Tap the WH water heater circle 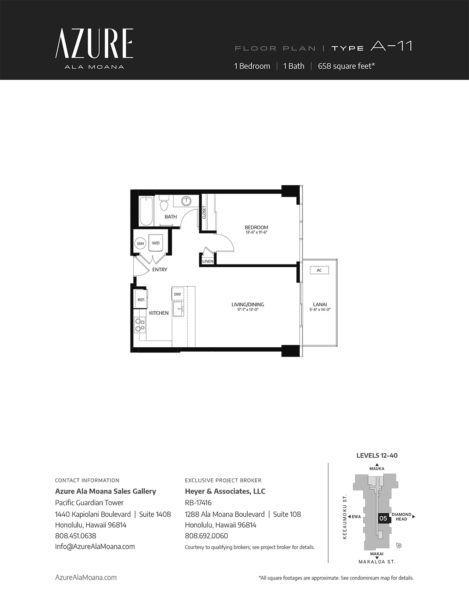(140, 244)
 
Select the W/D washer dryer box (156, 243)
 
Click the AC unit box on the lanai (319, 270)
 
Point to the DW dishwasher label (177, 294)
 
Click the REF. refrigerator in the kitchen (141, 299)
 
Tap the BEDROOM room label (256, 227)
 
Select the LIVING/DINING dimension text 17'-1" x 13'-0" (248, 309)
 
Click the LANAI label (320, 305)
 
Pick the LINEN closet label (208, 261)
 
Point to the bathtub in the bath (146, 211)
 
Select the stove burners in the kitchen (140, 325)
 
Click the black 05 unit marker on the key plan (384, 518)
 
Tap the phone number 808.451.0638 (75, 536)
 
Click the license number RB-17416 (198, 503)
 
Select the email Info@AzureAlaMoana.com (95, 547)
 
